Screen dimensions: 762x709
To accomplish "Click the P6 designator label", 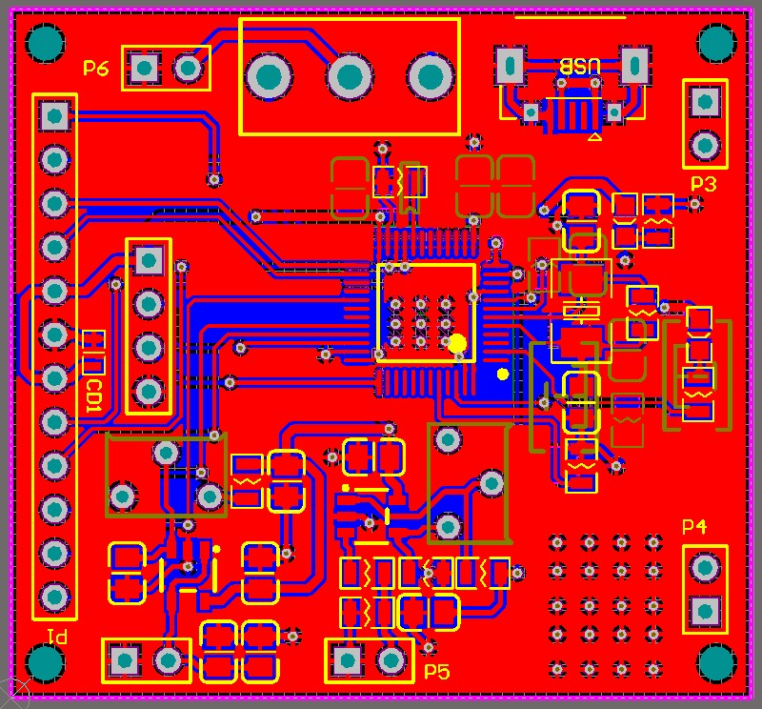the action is click(x=96, y=68).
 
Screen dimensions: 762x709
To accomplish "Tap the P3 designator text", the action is click(x=704, y=184).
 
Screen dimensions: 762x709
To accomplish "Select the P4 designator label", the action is click(x=694, y=526).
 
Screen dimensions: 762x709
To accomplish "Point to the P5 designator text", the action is click(x=437, y=672).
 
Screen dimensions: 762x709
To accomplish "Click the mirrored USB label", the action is click(x=580, y=66).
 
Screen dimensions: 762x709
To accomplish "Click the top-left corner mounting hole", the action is click(x=45, y=44).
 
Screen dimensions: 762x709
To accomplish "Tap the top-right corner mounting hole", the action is click(x=717, y=43).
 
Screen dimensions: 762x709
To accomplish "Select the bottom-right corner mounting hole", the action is click(x=717, y=662).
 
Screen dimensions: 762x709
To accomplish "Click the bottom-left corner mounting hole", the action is click(x=45, y=662).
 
